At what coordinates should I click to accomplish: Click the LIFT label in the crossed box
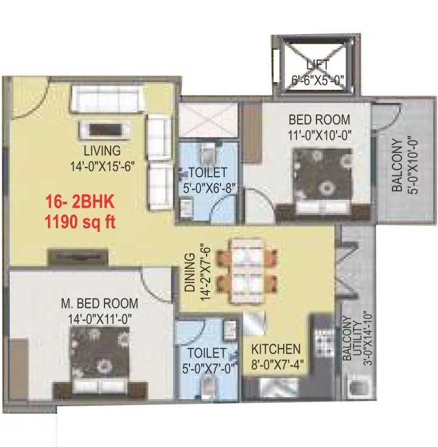[318, 64]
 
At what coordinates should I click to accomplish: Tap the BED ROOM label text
[319, 118]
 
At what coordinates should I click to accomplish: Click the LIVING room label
[102, 150]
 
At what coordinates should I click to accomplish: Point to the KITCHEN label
[276, 349]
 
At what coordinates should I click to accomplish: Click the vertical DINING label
[190, 273]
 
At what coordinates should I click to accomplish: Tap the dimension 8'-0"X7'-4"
[276, 365]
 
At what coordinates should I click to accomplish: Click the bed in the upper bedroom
[323, 182]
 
